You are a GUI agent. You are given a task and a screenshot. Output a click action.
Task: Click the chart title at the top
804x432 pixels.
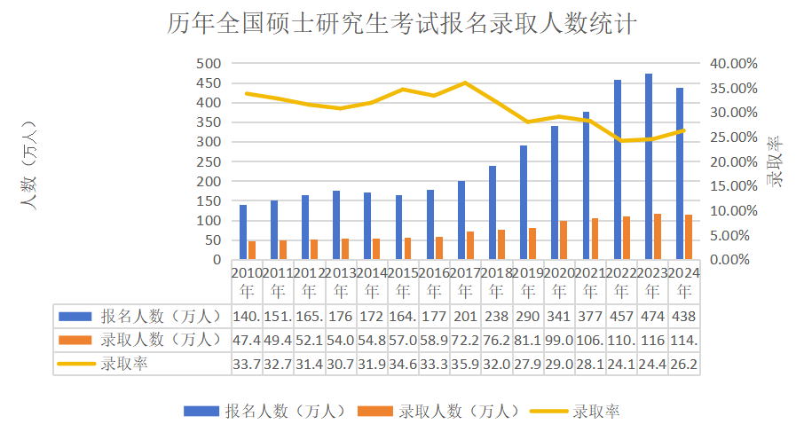tap(401, 24)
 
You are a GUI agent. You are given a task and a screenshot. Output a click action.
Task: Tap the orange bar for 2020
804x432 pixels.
tap(564, 240)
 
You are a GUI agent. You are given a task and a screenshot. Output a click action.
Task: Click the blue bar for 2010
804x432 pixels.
tap(243, 232)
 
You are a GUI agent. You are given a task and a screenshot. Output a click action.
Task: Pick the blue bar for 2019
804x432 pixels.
tap(524, 202)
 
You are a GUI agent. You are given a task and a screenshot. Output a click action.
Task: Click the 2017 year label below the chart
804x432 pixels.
tap(466, 281)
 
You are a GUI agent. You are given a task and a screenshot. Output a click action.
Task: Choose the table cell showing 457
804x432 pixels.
tap(622, 316)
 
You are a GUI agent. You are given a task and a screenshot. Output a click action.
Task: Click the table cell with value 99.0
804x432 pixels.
tap(559, 339)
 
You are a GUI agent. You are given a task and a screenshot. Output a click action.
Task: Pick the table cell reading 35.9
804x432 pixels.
tap(466, 363)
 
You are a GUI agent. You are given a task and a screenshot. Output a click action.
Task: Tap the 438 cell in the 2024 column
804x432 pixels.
tap(684, 316)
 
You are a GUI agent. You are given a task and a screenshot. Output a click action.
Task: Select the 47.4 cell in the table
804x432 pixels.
tap(247, 339)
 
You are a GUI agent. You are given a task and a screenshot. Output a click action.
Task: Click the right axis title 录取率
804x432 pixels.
tap(775, 161)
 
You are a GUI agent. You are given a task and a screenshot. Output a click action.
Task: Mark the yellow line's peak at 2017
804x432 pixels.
tap(466, 82)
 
